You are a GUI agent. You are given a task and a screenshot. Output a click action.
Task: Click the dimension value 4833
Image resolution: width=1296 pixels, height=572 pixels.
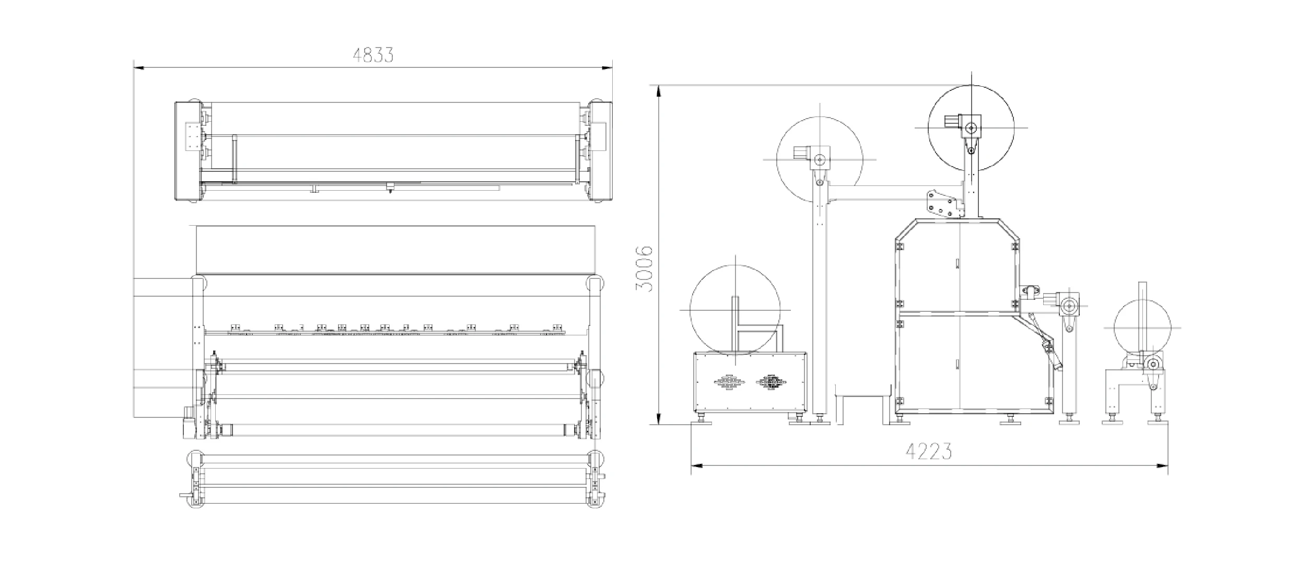(373, 55)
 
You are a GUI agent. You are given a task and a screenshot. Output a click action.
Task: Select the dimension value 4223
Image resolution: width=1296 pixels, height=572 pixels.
(929, 451)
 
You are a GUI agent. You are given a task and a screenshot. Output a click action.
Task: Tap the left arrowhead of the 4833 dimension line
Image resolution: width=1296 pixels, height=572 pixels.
(138, 67)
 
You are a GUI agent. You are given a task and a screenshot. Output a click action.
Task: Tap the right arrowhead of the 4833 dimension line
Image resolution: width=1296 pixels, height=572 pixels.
(607, 67)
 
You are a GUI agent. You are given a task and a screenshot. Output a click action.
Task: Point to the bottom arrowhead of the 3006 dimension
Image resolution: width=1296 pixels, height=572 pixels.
(660, 419)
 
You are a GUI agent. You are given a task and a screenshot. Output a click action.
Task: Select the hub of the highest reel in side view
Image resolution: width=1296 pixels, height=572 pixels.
(971, 127)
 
